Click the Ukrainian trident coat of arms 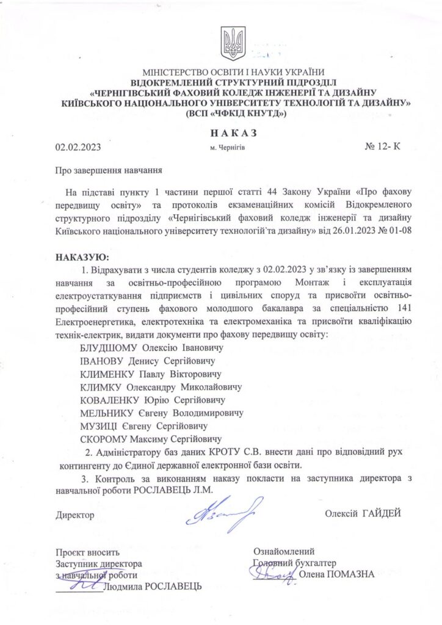[x=233, y=43]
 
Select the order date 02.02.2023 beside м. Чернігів [x=78, y=147]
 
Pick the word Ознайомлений [x=284, y=551]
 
